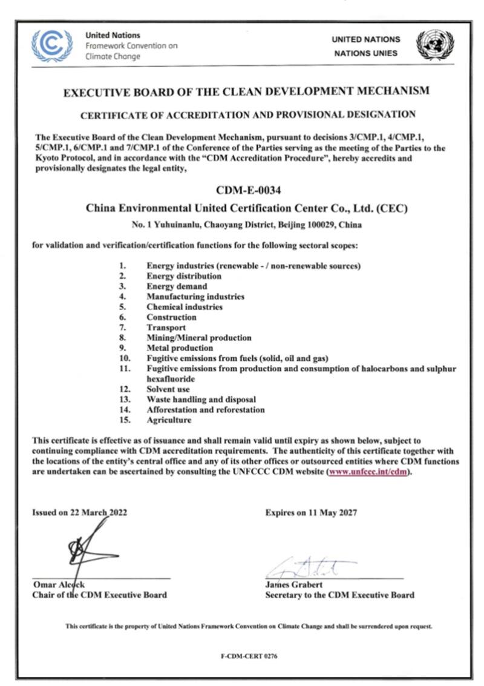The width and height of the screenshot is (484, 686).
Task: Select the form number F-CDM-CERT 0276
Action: (249, 656)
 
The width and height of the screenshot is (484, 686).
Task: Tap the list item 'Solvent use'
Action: (168, 389)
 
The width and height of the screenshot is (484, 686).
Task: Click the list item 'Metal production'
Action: (179, 348)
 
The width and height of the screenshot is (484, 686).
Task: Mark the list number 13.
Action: (125, 399)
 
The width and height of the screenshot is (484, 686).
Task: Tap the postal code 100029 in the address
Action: (328, 225)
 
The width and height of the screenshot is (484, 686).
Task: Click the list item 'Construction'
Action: (171, 317)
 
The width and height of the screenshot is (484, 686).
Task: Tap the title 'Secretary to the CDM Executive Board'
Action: (339, 595)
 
